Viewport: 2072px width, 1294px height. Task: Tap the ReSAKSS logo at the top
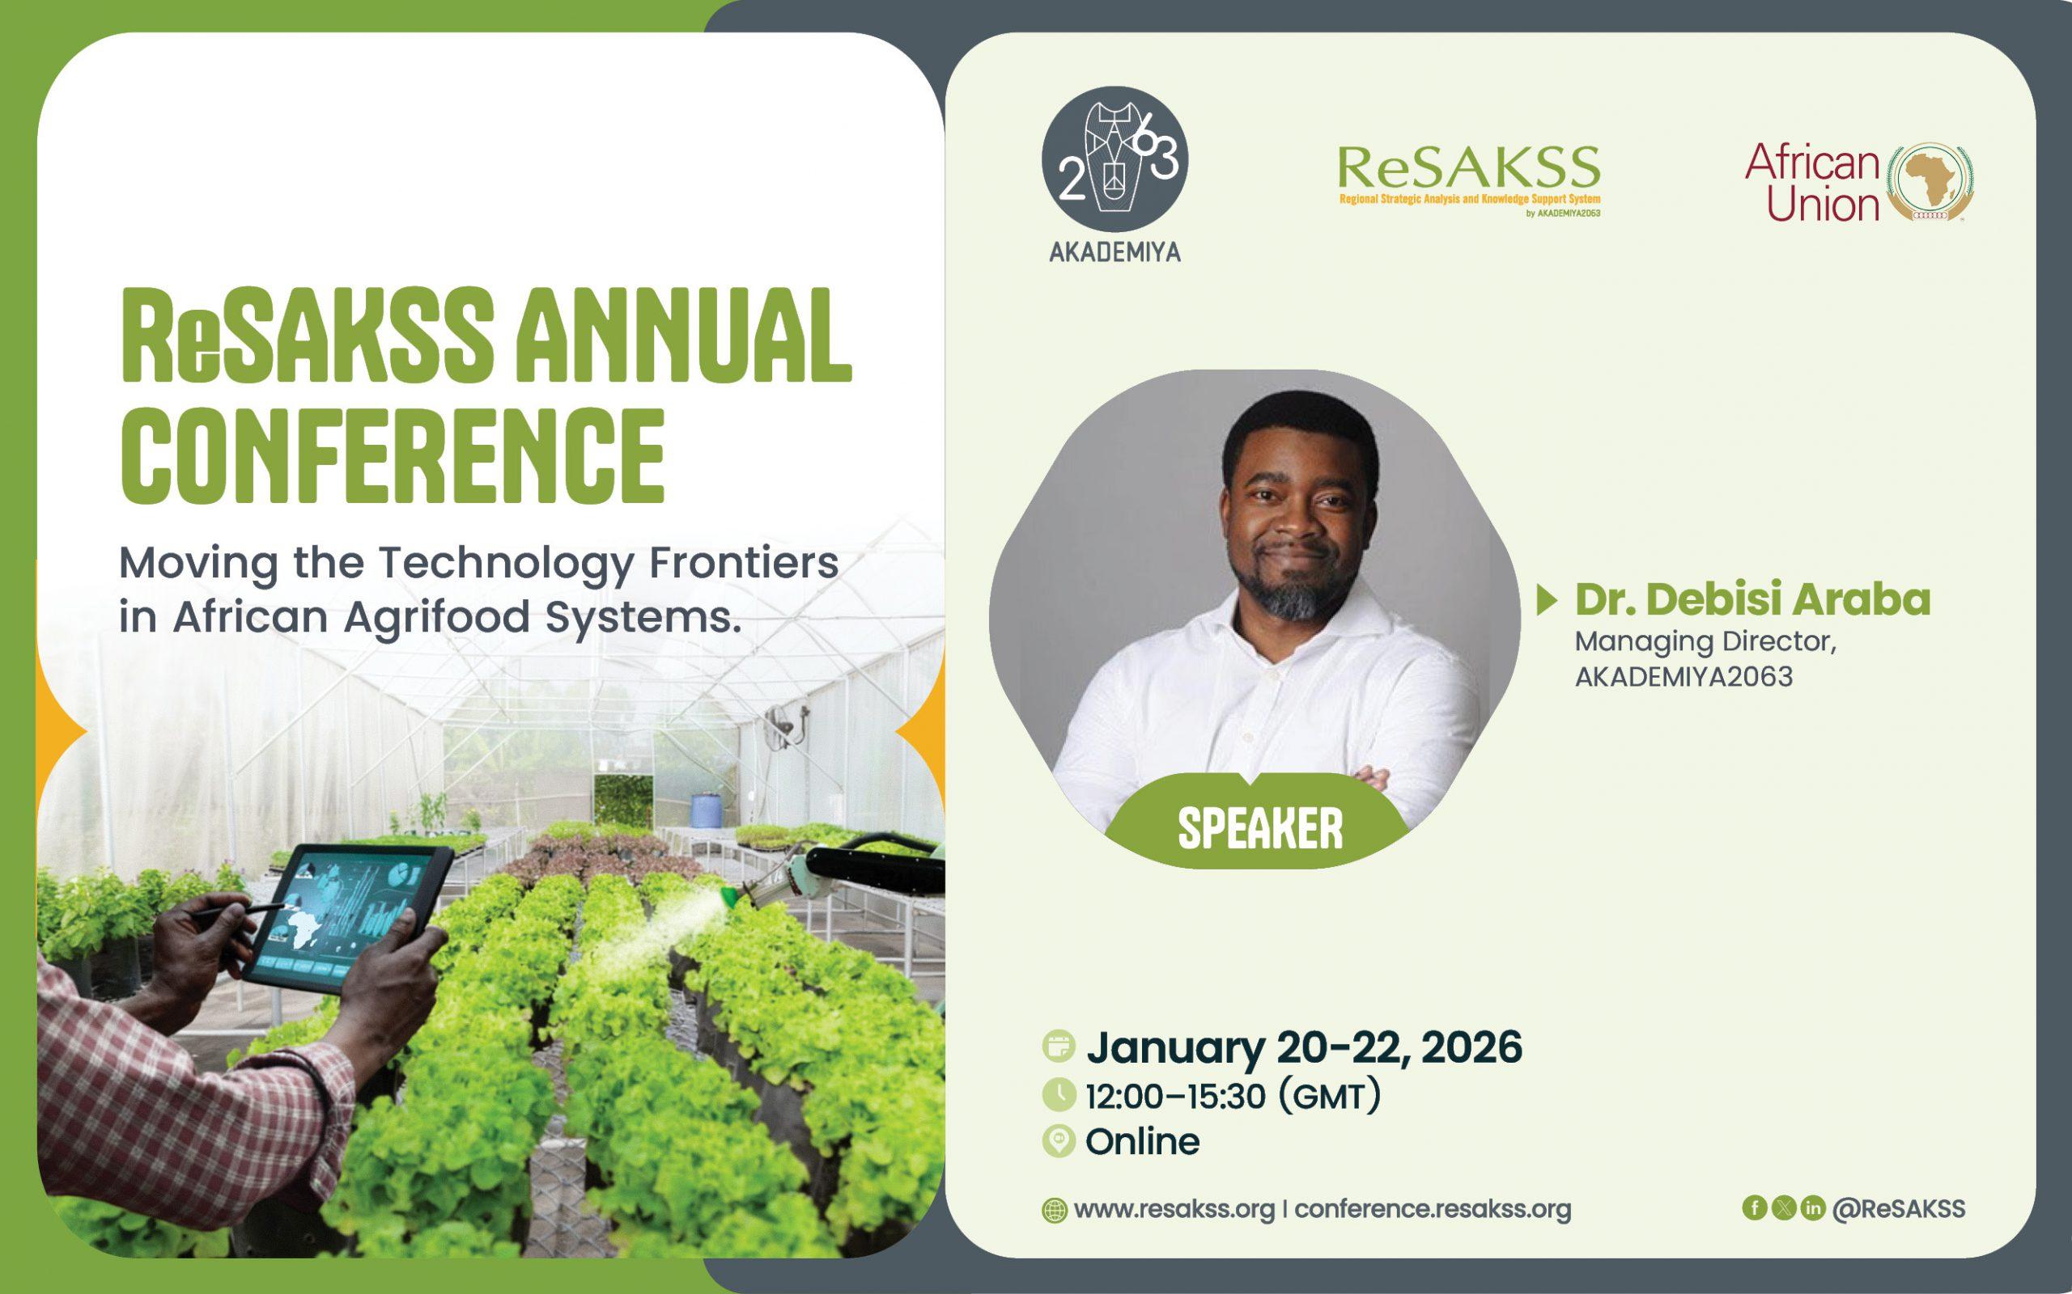[1468, 180]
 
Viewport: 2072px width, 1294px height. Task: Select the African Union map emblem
[1930, 182]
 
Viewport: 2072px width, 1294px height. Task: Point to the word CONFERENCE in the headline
[392, 456]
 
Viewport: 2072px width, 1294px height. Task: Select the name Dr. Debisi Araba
[1752, 600]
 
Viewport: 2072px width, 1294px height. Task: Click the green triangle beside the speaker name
[1546, 601]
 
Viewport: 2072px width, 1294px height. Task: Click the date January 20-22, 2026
[1304, 1047]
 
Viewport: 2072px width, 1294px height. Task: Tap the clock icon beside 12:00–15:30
[1059, 1095]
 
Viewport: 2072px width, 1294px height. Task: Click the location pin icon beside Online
[1059, 1143]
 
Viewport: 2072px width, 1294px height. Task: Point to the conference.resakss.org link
[1433, 1209]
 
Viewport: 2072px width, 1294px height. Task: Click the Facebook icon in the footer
[1755, 1207]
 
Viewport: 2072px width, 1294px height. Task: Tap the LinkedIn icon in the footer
[1812, 1207]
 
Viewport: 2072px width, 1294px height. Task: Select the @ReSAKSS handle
[1898, 1208]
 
